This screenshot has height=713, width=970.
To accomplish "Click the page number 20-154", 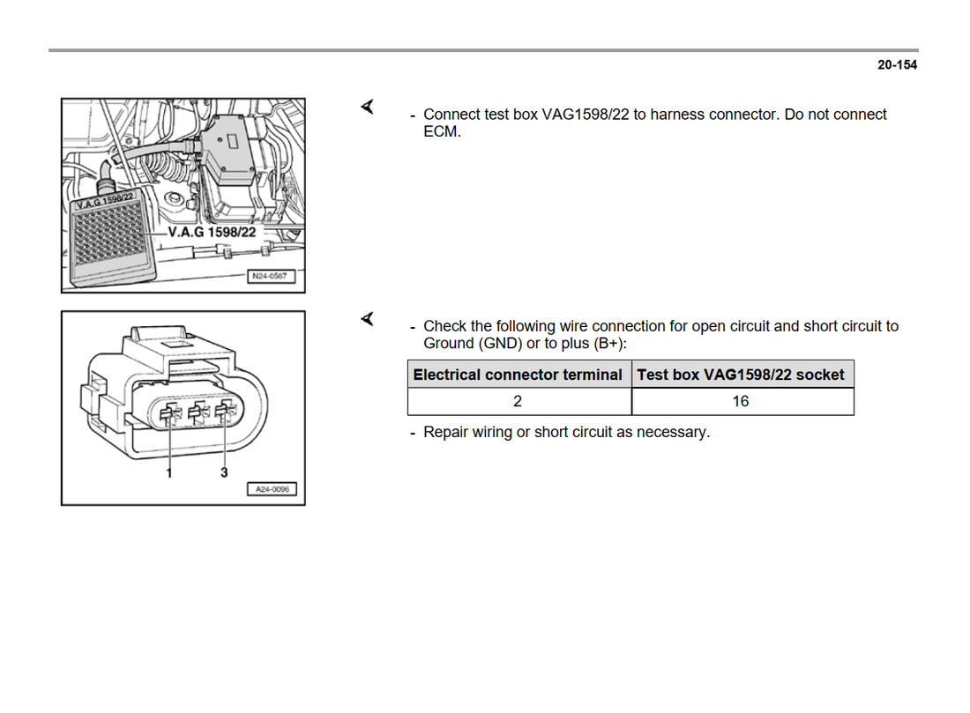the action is (x=897, y=65).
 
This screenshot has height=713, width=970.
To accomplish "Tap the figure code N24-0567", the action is (x=270, y=277).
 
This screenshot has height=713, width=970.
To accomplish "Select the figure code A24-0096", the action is (x=272, y=489).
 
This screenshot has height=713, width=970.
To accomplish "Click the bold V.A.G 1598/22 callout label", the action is (x=212, y=233).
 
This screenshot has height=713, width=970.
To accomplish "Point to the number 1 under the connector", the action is (x=169, y=473).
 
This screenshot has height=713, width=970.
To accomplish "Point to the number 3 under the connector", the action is (x=224, y=472).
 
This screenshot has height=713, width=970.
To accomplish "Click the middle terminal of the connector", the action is (x=198, y=412).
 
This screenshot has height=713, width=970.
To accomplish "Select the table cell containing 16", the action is (x=743, y=401).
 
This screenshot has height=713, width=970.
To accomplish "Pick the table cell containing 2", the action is (x=519, y=401).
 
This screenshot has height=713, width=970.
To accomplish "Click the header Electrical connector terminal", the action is (x=518, y=375).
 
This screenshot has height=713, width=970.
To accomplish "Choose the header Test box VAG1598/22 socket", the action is (x=741, y=375).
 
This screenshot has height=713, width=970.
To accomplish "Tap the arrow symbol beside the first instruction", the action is (x=368, y=107).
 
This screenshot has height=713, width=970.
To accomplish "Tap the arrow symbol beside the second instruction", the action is (x=368, y=319).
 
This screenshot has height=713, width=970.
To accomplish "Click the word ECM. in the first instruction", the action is (x=442, y=131).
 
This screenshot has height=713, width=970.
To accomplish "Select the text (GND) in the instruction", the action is (x=500, y=344).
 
